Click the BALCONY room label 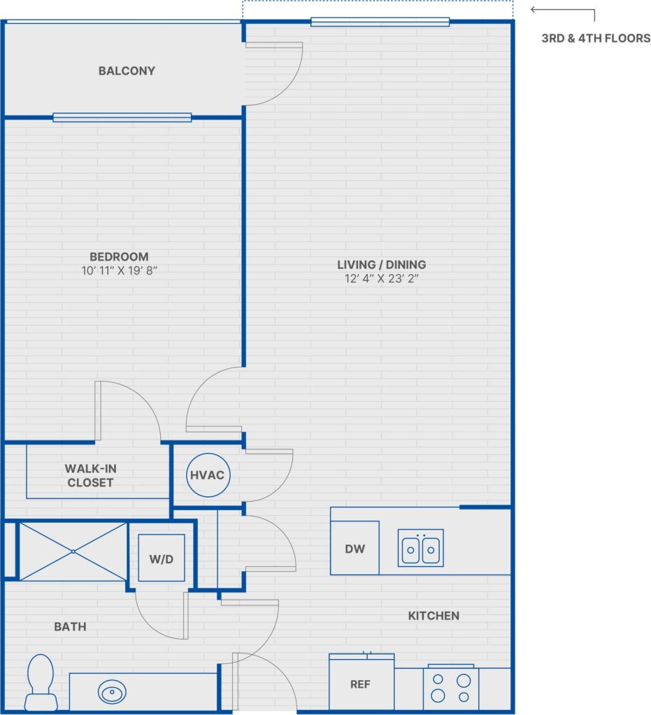[127, 71]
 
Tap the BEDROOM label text [119, 257]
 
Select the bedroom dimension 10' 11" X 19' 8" [119, 270]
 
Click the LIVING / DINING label [381, 265]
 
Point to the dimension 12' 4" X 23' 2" [381, 278]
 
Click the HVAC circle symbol [208, 475]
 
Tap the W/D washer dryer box [162, 558]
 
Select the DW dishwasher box [355, 548]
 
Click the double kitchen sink [421, 548]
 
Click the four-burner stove [451, 688]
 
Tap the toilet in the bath [41, 681]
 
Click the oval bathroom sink [112, 693]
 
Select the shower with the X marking [73, 551]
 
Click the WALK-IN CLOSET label [90, 475]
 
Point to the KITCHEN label [434, 616]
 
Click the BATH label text [71, 627]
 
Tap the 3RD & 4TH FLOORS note [596, 38]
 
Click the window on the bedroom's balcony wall [122, 117]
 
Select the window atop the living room [380, 22]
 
